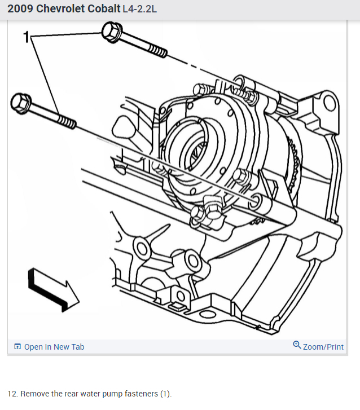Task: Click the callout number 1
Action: [25, 37]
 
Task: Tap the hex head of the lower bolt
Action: [21, 103]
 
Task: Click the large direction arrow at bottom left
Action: [54, 288]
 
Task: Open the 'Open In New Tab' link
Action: [54, 347]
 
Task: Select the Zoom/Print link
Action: [323, 347]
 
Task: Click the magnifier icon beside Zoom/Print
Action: [297, 345]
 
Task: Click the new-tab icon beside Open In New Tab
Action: [17, 347]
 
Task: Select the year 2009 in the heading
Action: [20, 10]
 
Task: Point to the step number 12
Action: [12, 394]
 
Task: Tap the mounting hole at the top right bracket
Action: [329, 103]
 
